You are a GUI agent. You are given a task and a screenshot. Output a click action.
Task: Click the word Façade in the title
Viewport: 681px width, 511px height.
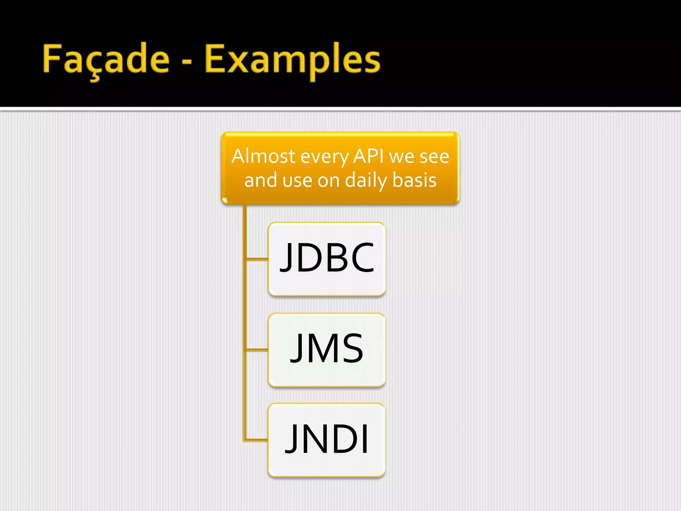pyautogui.click(x=106, y=59)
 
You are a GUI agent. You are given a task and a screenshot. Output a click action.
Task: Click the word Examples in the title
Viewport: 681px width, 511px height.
pyautogui.click(x=292, y=59)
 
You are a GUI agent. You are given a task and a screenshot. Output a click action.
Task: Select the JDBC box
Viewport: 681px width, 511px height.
pyautogui.click(x=327, y=259)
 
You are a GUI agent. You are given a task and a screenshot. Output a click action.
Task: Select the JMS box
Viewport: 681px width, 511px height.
pyautogui.click(x=327, y=350)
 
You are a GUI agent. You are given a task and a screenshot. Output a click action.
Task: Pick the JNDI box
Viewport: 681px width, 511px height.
pyautogui.click(x=327, y=440)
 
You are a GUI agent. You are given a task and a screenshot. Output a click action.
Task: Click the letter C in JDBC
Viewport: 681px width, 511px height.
pyautogui.click(x=362, y=257)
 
